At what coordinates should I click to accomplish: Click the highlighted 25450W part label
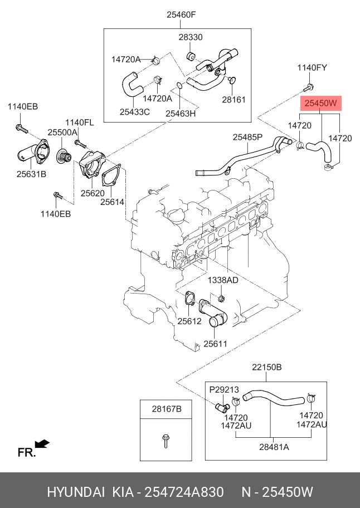pyautogui.click(x=321, y=104)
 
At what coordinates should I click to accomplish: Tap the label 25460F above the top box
pyautogui.click(x=182, y=14)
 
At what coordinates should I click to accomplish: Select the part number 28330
pyautogui.click(x=191, y=37)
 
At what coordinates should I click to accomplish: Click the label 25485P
pyautogui.click(x=247, y=138)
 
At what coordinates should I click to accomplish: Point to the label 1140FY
pyautogui.click(x=313, y=68)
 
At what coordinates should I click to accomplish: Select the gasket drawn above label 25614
pyautogui.click(x=111, y=177)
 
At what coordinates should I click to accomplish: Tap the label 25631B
pyautogui.click(x=31, y=174)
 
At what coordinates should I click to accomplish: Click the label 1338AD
pyautogui.click(x=223, y=280)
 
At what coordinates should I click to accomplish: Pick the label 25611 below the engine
pyautogui.click(x=216, y=344)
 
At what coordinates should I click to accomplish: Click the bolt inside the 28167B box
pyautogui.click(x=166, y=441)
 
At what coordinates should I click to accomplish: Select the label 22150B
pyautogui.click(x=267, y=367)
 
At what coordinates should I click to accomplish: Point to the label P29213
pyautogui.click(x=224, y=389)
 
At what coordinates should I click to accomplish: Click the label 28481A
pyautogui.click(x=274, y=447)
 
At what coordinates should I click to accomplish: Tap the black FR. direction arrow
pyautogui.click(x=42, y=443)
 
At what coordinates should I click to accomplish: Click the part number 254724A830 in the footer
pyautogui.click(x=184, y=492)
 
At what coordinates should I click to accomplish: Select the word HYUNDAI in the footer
pyautogui.click(x=76, y=492)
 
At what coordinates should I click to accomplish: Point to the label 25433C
pyautogui.click(x=135, y=112)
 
